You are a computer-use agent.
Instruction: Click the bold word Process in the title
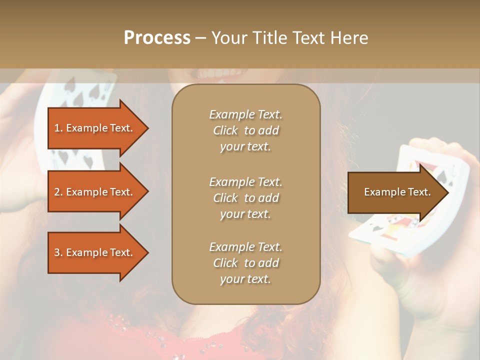pos(157,38)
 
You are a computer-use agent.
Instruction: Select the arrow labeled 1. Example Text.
pos(95,128)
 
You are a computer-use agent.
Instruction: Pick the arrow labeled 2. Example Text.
pos(95,192)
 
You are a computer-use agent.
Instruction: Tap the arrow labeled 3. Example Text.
pos(95,252)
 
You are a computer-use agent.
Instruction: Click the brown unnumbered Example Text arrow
pos(395,192)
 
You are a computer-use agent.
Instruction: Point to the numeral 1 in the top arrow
pos(56,128)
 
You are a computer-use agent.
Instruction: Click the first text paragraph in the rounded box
pos(245,130)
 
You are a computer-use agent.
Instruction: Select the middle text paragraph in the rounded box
pos(245,198)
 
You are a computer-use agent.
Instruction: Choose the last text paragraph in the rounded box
pos(245,263)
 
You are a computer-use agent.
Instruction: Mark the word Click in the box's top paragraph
pos(225,130)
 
